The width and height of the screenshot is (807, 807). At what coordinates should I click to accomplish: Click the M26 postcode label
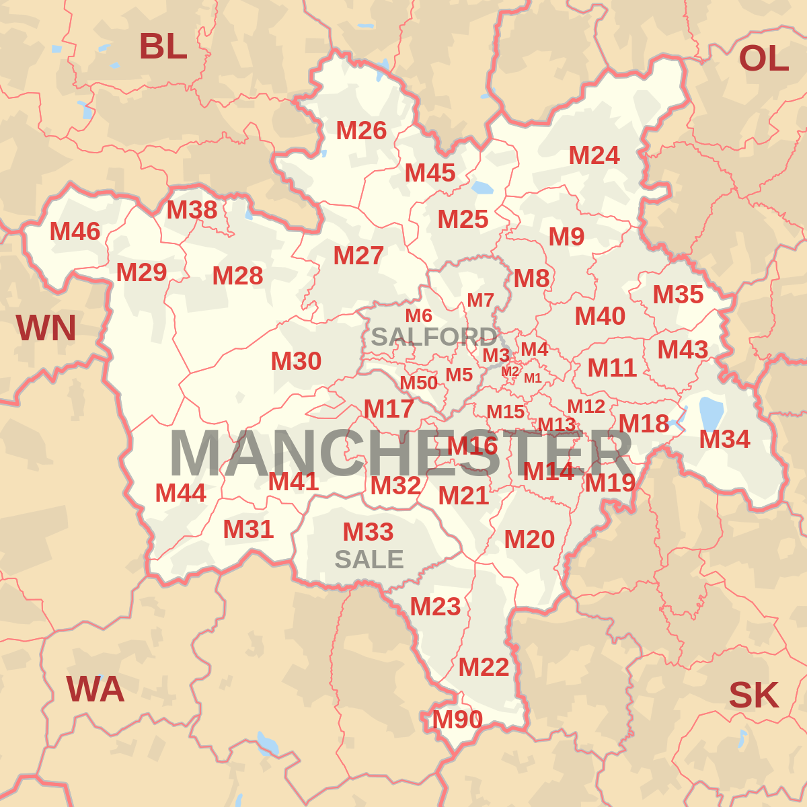(x=361, y=130)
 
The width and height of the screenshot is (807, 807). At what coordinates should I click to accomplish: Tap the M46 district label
(x=75, y=232)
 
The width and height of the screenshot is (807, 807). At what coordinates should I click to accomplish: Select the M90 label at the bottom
(x=457, y=720)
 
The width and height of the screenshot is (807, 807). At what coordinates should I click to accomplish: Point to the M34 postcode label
(x=724, y=440)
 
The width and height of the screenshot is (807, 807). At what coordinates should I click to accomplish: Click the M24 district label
(x=594, y=156)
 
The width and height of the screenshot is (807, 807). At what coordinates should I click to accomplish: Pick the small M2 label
(x=510, y=371)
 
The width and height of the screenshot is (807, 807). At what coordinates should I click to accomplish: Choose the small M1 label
(x=533, y=378)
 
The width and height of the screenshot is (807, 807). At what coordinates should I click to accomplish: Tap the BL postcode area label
(x=163, y=46)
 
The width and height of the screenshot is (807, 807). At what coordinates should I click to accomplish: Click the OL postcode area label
(x=763, y=59)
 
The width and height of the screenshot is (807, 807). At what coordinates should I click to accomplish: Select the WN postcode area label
(x=46, y=328)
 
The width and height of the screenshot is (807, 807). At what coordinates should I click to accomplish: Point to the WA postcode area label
(x=95, y=689)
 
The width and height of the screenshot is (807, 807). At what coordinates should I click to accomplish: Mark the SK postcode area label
(x=753, y=695)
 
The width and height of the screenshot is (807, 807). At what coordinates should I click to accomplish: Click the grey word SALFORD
(x=434, y=336)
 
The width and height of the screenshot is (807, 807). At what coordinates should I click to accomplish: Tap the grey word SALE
(x=369, y=560)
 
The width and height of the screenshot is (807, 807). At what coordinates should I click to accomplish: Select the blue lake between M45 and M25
(x=482, y=187)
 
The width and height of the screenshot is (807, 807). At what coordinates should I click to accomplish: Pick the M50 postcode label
(x=418, y=383)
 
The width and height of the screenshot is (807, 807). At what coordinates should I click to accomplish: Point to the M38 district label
(x=192, y=210)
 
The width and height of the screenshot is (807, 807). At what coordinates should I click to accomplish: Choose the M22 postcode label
(x=484, y=667)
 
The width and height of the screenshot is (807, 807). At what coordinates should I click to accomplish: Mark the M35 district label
(x=678, y=295)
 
